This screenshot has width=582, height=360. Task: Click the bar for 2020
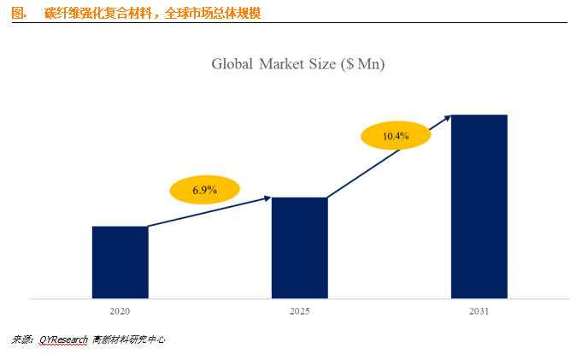[120, 263]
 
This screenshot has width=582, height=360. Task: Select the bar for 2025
[299, 248]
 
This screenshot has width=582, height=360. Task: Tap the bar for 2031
[479, 207]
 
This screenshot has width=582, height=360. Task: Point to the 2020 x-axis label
[120, 311]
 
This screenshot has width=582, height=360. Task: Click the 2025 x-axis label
[299, 311]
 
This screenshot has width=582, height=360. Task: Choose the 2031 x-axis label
[479, 311]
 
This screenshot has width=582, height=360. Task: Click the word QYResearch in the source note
[62, 339]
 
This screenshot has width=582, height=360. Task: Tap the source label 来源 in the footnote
[21, 339]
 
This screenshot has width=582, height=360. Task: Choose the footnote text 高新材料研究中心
[129, 339]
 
